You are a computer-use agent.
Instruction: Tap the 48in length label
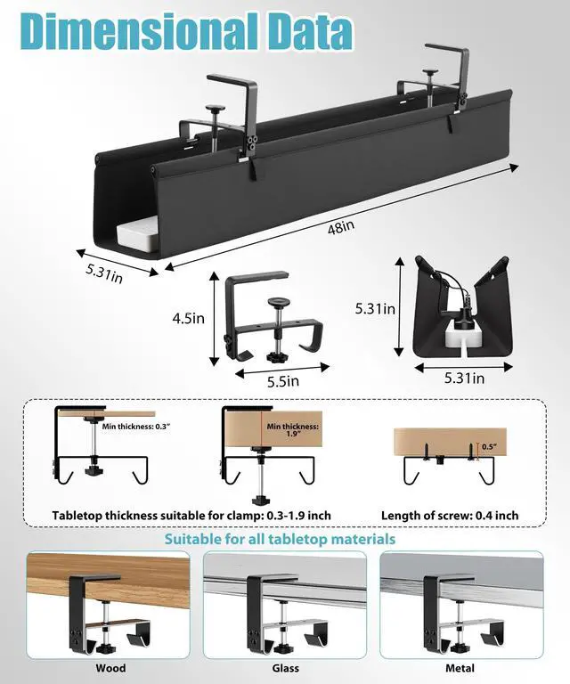tap(339, 227)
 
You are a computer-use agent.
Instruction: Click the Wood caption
tap(111, 668)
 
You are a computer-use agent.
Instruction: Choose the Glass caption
tap(285, 668)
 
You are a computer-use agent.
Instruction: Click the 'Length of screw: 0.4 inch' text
tap(450, 515)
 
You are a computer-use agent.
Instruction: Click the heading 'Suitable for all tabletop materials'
tap(280, 540)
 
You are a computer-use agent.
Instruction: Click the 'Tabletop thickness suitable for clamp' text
tap(191, 515)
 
